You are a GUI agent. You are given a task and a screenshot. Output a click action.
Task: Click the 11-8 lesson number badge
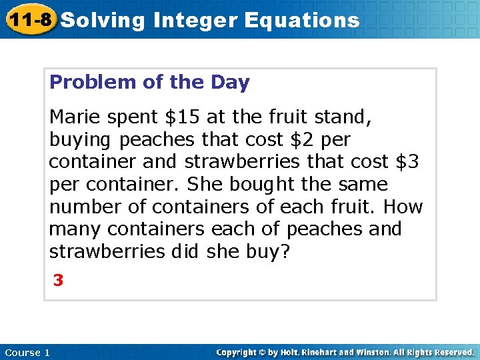pyautogui.click(x=29, y=19)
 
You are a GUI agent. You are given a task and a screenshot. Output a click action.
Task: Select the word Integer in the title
pyautogui.click(x=195, y=20)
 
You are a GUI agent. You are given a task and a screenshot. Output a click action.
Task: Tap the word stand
pyautogui.click(x=347, y=117)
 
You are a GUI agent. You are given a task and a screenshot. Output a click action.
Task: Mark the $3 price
pyautogui.click(x=409, y=162)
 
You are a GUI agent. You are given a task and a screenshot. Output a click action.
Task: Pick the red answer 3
pyautogui.click(x=59, y=281)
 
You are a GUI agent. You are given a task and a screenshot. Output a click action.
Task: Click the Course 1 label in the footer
pyautogui.click(x=27, y=352)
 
